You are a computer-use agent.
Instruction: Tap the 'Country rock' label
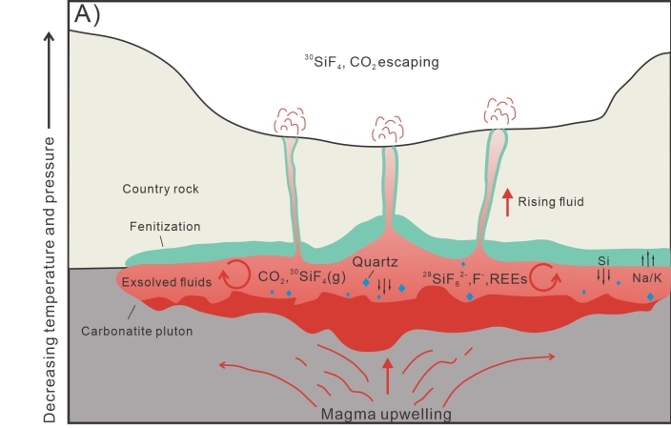pyautogui.click(x=161, y=189)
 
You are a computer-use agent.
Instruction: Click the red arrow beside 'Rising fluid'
pyautogui.click(x=506, y=202)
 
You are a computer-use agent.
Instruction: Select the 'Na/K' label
pyautogui.click(x=648, y=280)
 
